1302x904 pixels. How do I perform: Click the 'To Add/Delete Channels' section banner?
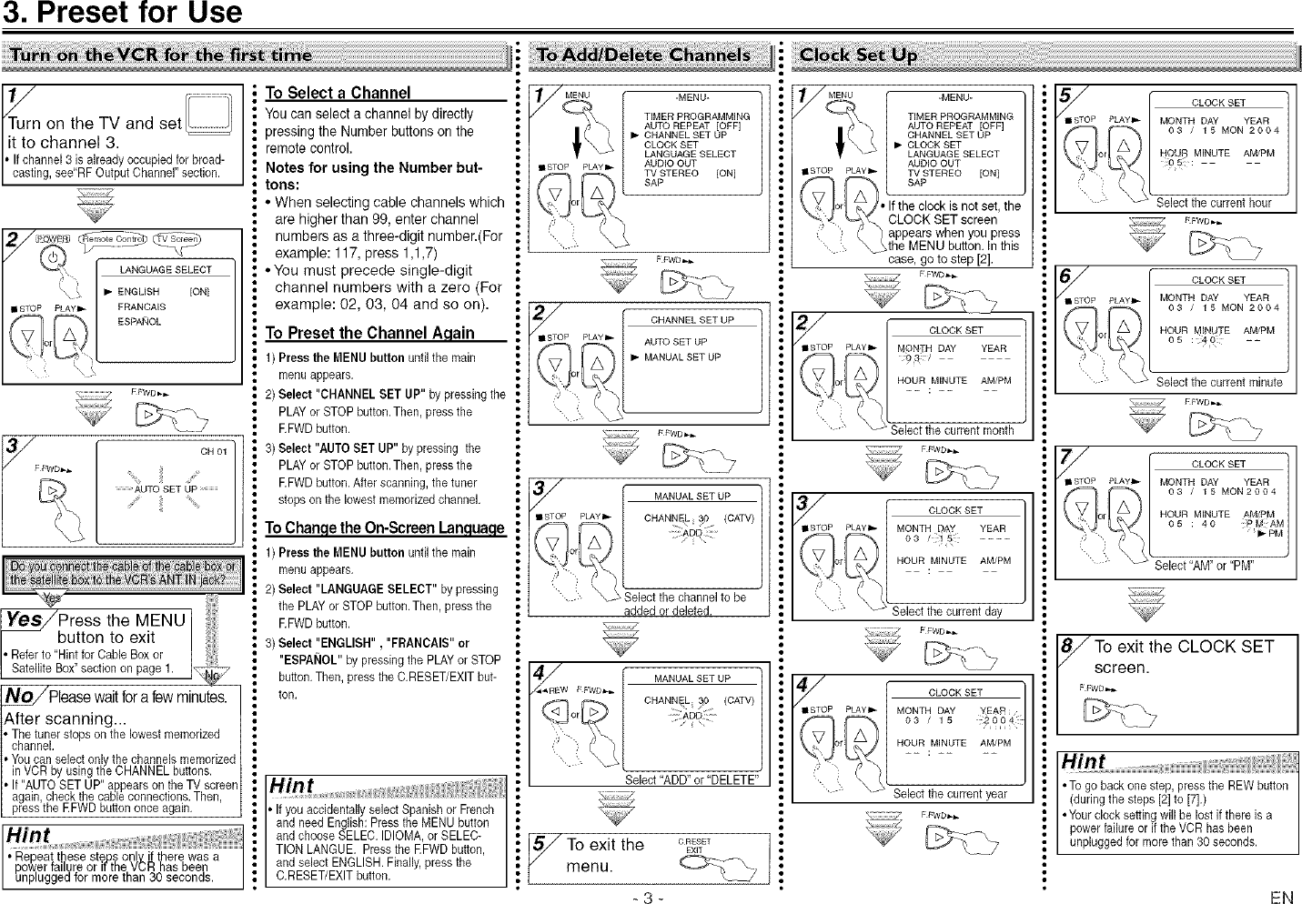point(644,55)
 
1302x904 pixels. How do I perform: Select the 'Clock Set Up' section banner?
point(857,55)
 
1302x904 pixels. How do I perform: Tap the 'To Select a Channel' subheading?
point(338,93)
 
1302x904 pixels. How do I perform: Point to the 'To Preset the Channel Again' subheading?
point(369,333)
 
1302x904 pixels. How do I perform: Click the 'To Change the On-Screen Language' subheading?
point(384,528)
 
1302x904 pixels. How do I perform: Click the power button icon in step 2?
point(54,257)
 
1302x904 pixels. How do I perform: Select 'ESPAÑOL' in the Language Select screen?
point(139,322)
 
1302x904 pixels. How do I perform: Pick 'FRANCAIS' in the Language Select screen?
point(141,307)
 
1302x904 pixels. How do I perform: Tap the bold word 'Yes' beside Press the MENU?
point(24,620)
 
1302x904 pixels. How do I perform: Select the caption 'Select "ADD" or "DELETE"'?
point(691,779)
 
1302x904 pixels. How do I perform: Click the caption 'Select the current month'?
point(951,430)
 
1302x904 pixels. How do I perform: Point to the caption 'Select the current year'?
point(950,794)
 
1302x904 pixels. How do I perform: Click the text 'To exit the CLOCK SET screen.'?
point(1183,657)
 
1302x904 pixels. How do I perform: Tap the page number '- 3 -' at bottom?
point(643,897)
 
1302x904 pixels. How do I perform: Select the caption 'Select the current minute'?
point(1218,382)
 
